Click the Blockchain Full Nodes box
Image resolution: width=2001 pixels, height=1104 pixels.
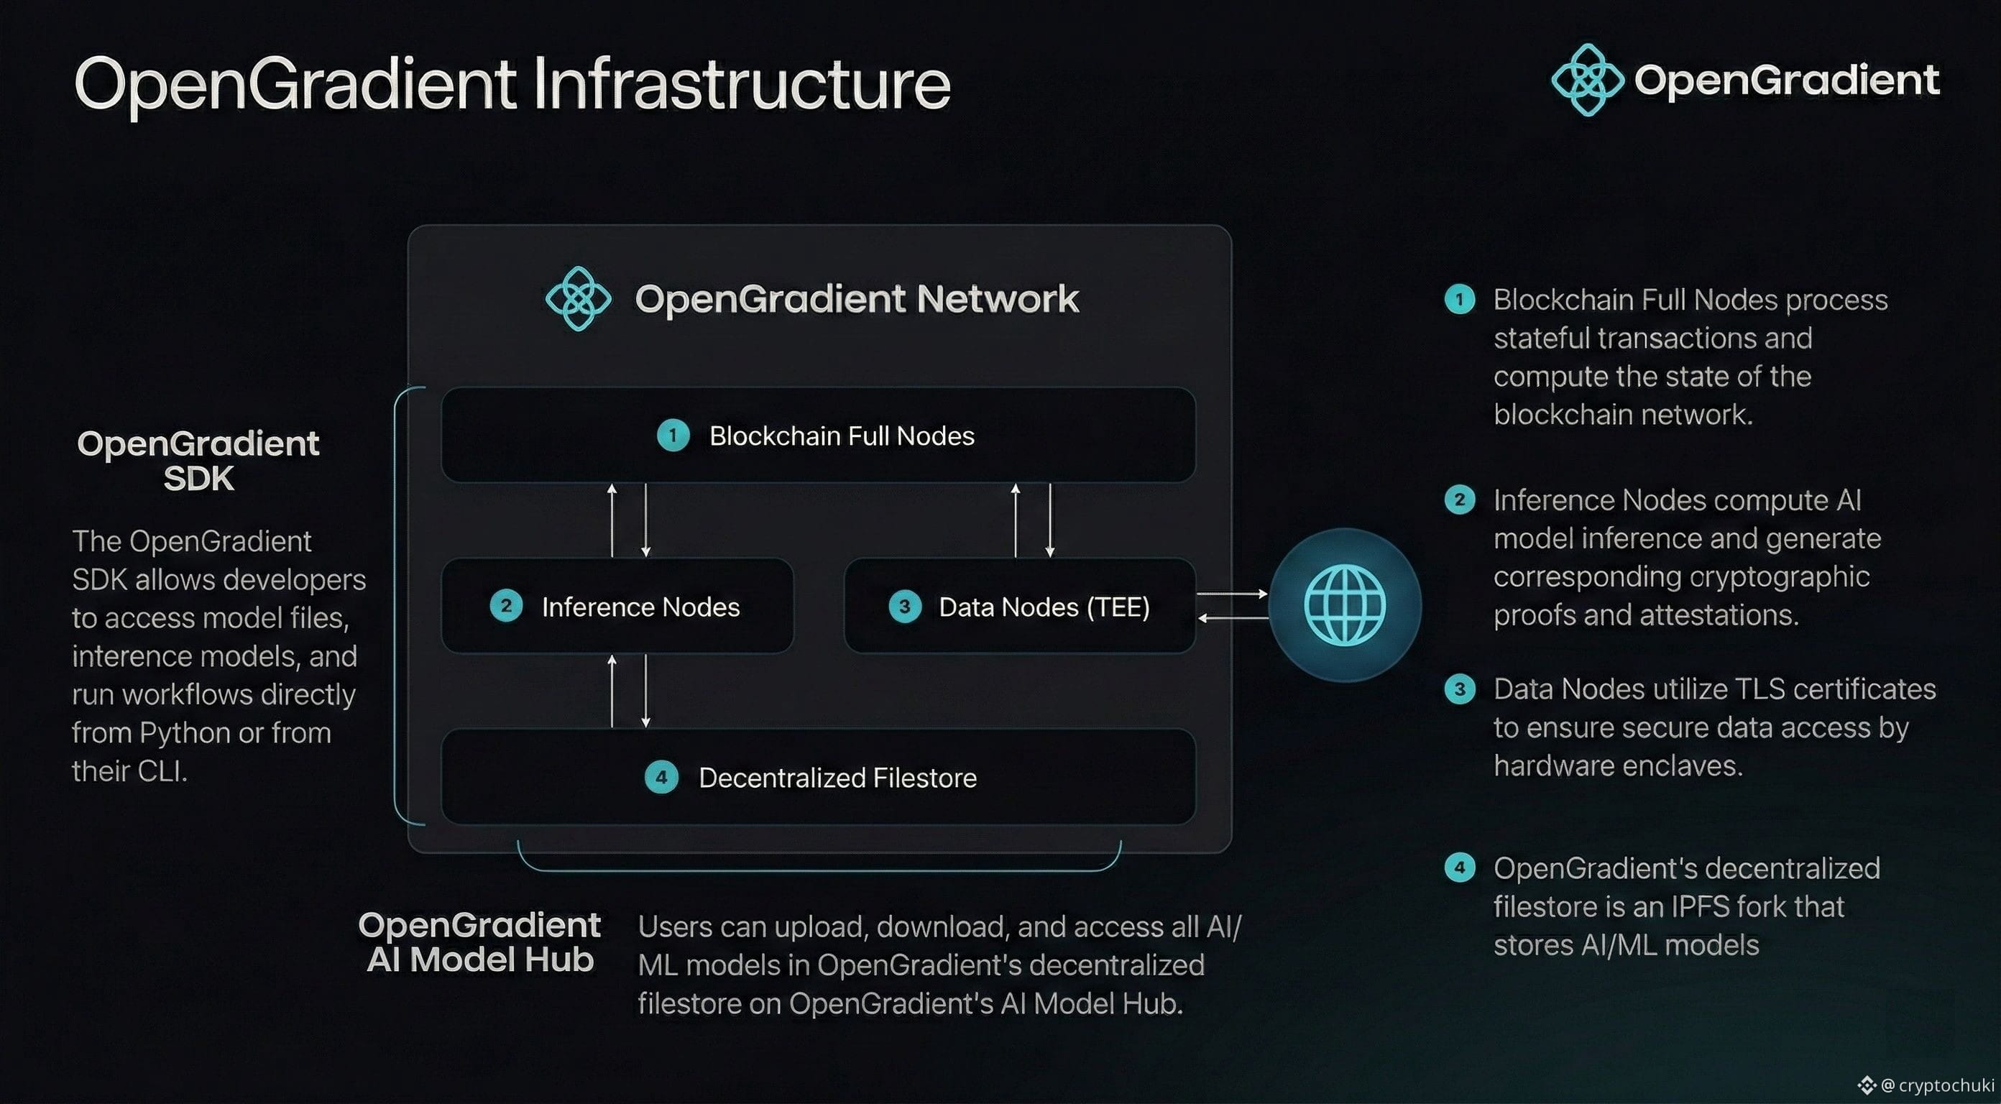click(818, 435)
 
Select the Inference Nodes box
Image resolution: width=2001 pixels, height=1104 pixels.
click(617, 606)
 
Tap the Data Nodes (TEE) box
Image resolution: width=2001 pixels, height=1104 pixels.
click(1019, 606)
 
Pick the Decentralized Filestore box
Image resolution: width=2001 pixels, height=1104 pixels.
click(818, 777)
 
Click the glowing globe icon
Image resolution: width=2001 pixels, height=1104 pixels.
click(1345, 605)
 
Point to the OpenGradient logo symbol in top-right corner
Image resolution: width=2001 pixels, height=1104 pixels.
click(1587, 79)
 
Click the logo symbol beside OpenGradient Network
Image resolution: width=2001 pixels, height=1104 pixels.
click(578, 298)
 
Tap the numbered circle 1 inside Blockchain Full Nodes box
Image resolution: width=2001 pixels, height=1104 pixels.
click(673, 435)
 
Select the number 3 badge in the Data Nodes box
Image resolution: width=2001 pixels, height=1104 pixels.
click(905, 606)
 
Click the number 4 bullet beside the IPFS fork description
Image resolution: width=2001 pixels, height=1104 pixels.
click(1460, 867)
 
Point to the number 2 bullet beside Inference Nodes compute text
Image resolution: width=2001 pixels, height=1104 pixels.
click(1460, 500)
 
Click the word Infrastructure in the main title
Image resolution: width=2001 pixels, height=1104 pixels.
click(742, 84)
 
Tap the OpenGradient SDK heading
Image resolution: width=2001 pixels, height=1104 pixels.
click(198, 461)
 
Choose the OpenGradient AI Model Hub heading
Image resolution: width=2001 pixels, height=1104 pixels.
click(479, 942)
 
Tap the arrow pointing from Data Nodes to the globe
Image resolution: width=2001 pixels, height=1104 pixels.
click(1233, 594)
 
